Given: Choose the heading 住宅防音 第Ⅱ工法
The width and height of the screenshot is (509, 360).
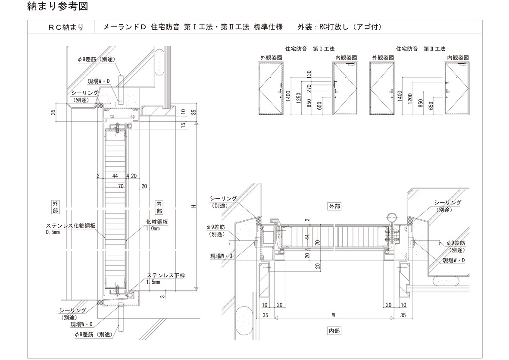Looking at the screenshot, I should (420, 49).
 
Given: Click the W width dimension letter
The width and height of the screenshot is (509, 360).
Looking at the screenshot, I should (334, 315).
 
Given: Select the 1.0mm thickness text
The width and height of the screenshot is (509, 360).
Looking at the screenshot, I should (153, 229).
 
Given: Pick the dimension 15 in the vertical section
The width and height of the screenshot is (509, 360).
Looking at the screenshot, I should (183, 125).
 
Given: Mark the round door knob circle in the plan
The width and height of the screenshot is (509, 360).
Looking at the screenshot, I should (391, 216).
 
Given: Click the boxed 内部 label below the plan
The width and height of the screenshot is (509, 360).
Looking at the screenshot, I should (334, 331).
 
